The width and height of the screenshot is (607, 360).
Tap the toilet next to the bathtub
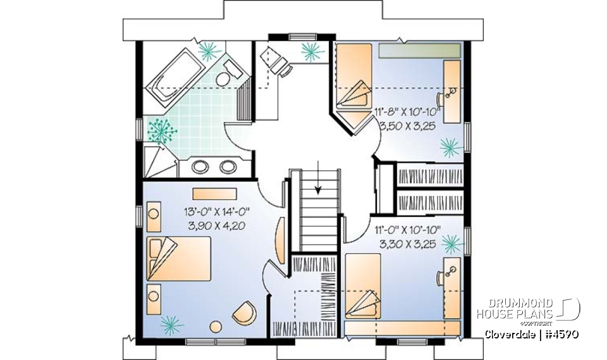[x=224, y=77]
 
